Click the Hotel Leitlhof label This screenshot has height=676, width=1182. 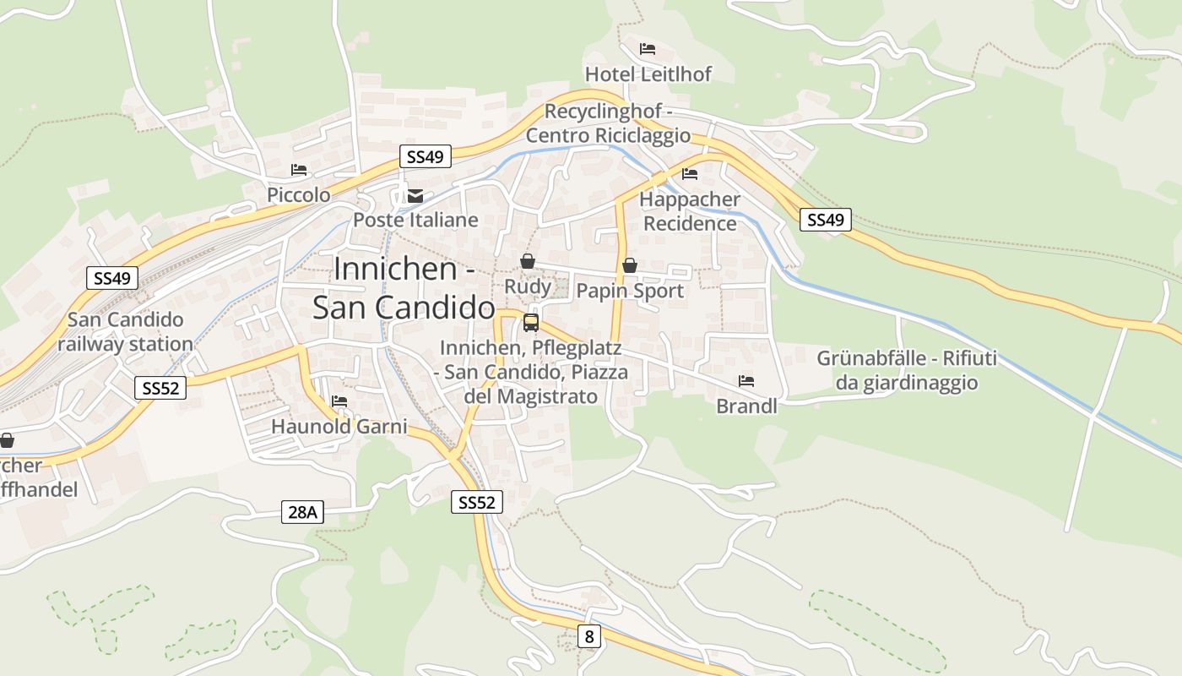[648, 74]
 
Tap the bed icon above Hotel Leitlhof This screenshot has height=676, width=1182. [648, 49]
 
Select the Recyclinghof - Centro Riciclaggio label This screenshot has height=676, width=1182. [608, 123]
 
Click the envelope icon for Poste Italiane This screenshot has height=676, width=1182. [415, 196]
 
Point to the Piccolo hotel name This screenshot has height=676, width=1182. [299, 195]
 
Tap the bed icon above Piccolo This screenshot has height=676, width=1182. [299, 170]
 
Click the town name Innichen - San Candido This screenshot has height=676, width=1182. [404, 287]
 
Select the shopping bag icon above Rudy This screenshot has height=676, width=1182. [528, 261]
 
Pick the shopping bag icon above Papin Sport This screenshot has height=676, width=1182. [629, 266]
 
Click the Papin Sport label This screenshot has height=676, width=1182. [629, 292]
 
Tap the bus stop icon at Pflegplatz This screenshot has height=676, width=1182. [531, 322]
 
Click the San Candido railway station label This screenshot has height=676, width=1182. [125, 332]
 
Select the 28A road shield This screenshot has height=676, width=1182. [302, 511]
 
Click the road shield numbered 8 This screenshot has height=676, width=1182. [589, 636]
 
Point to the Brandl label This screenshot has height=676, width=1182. [746, 406]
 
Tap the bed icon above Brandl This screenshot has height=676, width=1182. [746, 381]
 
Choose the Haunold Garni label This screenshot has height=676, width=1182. [339, 427]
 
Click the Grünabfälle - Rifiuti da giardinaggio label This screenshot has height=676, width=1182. [907, 370]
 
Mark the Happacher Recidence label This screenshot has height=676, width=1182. [690, 211]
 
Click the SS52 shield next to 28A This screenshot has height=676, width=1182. [477, 503]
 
